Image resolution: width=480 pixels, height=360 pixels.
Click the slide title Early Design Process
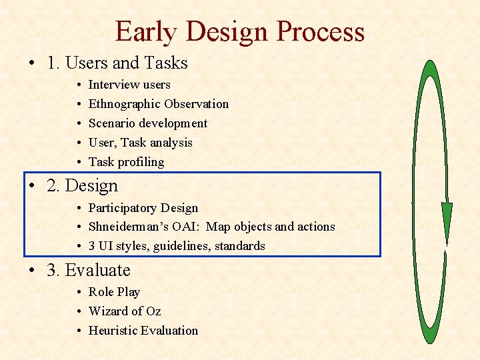[239, 31]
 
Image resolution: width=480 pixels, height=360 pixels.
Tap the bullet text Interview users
[129, 85]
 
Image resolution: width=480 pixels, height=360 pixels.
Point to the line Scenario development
[148, 123]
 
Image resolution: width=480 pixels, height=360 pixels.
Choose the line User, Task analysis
[141, 143]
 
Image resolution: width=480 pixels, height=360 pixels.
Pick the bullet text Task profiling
[126, 162]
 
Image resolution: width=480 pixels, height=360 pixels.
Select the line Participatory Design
[143, 208]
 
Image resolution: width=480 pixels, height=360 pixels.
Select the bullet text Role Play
[114, 292]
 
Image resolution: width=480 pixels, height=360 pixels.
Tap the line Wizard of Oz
[125, 311]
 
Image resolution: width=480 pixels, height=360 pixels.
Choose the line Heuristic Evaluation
[143, 331]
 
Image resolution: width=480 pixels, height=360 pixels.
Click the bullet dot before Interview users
[79, 85]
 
